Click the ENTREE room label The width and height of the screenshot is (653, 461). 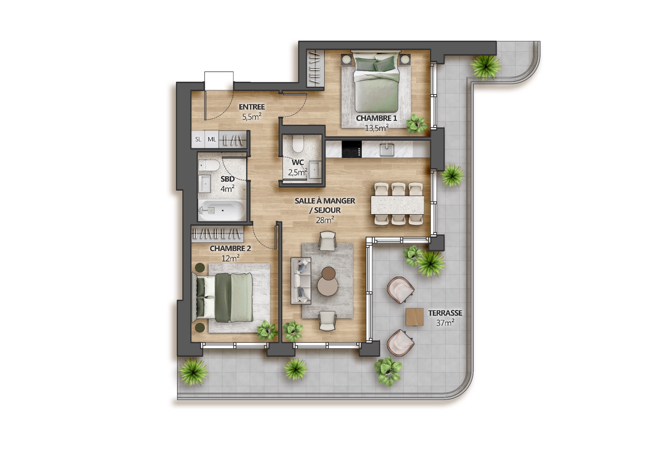[252, 107]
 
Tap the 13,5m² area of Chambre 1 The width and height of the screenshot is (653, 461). [377, 128]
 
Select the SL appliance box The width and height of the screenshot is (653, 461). [198, 139]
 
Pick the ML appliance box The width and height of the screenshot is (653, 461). [212, 139]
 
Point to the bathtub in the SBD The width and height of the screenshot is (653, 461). [222, 210]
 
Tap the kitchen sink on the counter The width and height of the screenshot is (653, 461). [387, 150]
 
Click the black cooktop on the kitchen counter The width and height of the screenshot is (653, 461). [352, 149]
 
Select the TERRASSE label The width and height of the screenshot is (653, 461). [445, 313]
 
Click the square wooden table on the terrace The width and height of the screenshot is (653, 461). [415, 317]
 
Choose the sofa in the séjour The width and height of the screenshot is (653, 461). [301, 281]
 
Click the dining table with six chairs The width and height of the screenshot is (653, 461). [397, 205]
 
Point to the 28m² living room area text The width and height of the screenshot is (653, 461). [325, 220]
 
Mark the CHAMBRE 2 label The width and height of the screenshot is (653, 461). [230, 248]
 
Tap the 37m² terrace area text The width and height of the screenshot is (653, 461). [445, 323]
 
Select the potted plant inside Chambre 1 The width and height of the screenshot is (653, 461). [417, 124]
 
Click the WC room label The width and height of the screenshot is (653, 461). [298, 162]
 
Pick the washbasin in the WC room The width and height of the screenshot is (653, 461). [315, 169]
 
